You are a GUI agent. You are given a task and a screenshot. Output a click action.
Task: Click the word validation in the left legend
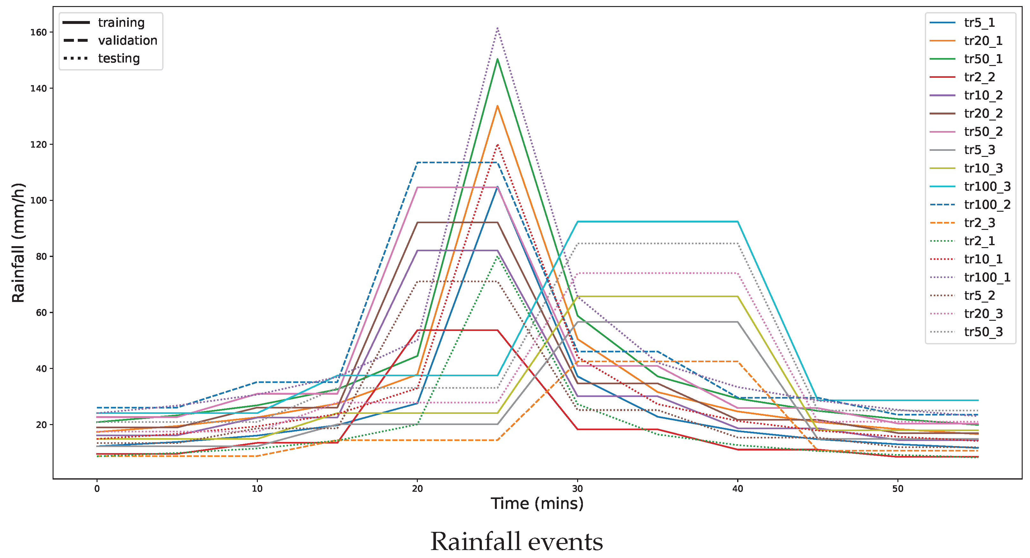click(127, 40)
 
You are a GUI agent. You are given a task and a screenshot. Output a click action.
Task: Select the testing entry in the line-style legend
click(119, 58)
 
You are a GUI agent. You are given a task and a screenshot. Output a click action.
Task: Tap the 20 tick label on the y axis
click(41, 425)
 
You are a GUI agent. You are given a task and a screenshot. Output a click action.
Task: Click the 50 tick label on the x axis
click(898, 488)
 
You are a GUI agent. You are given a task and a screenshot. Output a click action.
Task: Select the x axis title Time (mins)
click(537, 503)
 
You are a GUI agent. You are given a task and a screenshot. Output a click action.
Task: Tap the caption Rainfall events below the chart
click(516, 542)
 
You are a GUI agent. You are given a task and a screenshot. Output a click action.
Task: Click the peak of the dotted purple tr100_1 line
click(497, 28)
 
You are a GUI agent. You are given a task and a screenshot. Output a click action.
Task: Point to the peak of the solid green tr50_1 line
click(497, 59)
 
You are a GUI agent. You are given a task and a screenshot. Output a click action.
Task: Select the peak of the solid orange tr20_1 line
click(497, 106)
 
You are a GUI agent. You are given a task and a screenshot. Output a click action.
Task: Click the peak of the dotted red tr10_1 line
click(497, 145)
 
